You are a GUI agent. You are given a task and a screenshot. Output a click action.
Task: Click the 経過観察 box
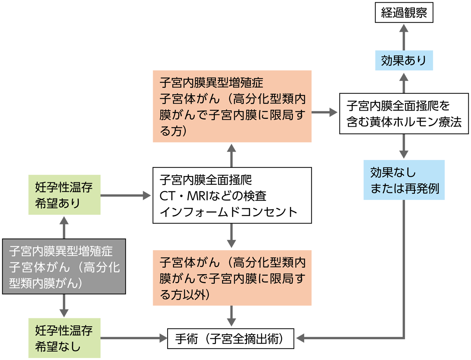[x=404, y=13]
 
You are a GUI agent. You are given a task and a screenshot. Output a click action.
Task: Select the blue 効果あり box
[x=404, y=60]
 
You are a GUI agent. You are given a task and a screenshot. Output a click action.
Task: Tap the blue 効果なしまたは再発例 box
[x=404, y=180]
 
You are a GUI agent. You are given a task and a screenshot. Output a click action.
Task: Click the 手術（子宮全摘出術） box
[x=230, y=338]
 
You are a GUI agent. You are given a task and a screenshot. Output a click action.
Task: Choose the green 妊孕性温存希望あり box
[x=64, y=195]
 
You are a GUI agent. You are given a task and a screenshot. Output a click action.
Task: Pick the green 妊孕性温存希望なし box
[x=64, y=338]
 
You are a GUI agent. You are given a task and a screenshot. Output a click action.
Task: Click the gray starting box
[x=64, y=266]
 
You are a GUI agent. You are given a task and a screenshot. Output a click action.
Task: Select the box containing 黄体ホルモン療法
[x=404, y=114]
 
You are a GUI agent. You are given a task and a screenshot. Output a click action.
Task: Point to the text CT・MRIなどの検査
[x=213, y=196]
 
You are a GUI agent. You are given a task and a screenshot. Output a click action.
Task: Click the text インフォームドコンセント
[x=228, y=212]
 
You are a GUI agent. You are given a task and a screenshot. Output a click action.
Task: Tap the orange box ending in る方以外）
[x=232, y=278]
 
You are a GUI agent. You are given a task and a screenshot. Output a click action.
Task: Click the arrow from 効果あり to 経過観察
[x=404, y=37]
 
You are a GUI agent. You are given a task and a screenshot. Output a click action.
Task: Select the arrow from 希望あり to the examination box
[x=126, y=195]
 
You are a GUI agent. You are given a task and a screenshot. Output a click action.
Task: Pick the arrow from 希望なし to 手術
[x=134, y=338]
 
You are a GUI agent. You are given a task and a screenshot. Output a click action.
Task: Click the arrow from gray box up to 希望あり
[x=64, y=227]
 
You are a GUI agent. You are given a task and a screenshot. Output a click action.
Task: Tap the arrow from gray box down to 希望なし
[x=64, y=305]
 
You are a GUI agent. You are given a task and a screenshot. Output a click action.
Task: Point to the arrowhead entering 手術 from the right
[x=300, y=338]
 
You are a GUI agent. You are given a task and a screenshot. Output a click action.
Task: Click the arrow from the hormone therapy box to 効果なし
[x=404, y=146]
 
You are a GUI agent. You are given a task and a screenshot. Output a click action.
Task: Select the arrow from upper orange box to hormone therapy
[x=325, y=112]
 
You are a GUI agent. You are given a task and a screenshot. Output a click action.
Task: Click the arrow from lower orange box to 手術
[x=231, y=316]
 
